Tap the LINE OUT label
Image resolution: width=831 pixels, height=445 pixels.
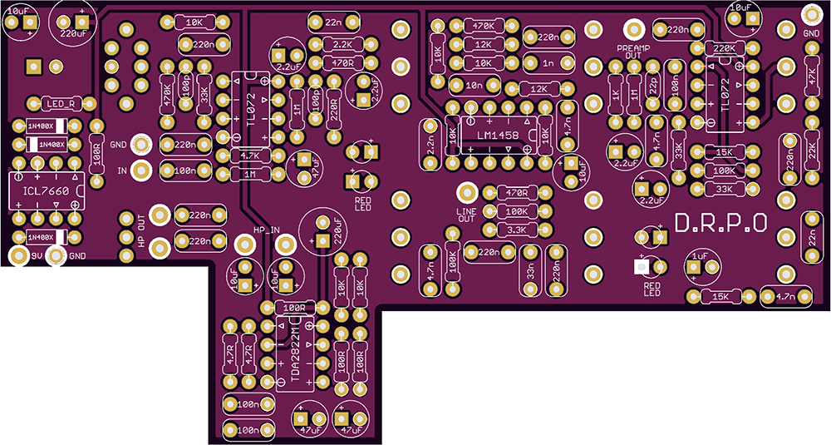click(x=467, y=215)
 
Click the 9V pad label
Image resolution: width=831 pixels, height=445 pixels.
click(x=36, y=255)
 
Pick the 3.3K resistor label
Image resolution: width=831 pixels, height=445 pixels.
click(x=516, y=230)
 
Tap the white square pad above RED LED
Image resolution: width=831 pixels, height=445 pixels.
click(x=641, y=267)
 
